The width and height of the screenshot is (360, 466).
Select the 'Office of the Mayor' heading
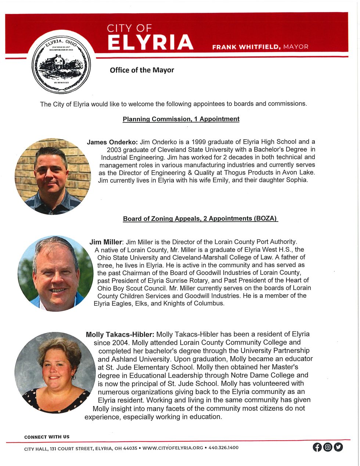[142, 70]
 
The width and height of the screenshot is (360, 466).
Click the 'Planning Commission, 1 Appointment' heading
[181, 119]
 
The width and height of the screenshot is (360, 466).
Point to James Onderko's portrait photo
[53, 176]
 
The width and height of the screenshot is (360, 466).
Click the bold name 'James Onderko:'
[112, 142]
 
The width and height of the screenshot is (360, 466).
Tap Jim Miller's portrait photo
[55, 273]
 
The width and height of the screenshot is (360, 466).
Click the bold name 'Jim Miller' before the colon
[105, 242]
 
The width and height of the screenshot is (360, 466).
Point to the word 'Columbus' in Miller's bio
[210, 304]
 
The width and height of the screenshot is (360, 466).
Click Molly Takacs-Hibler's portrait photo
[55, 372]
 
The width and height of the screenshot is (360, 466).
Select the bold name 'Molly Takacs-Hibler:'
[120, 335]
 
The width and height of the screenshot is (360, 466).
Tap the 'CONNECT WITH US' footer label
[47, 437]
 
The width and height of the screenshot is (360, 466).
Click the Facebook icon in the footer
[317, 447]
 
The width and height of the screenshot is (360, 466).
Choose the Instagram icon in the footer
[328, 447]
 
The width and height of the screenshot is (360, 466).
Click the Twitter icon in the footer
[338, 447]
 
